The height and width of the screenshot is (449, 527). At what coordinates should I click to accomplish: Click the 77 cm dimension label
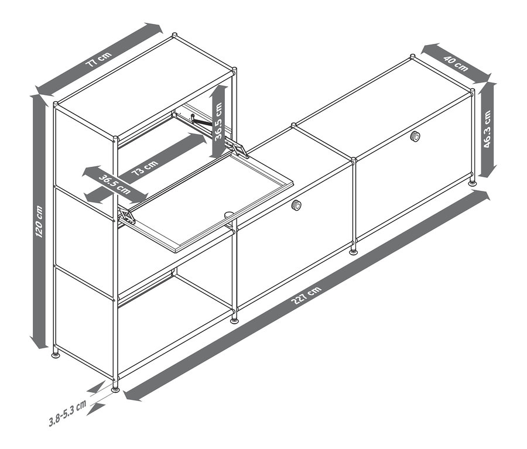pyautogui.click(x=98, y=59)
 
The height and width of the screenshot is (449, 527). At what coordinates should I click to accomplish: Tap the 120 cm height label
pyautogui.click(x=40, y=221)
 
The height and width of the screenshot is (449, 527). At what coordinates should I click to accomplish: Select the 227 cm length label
pyautogui.click(x=306, y=295)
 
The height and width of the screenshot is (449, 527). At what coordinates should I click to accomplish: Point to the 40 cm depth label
pyautogui.click(x=456, y=63)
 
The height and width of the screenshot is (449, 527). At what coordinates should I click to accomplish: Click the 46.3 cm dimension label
pyautogui.click(x=487, y=129)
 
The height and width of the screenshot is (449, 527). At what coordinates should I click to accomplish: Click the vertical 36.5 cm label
pyautogui.click(x=219, y=121)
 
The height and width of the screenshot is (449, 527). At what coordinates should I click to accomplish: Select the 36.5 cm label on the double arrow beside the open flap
pyautogui.click(x=114, y=184)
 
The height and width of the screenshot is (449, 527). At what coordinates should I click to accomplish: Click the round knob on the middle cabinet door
pyautogui.click(x=296, y=205)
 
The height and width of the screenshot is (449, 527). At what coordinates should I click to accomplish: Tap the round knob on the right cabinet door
pyautogui.click(x=415, y=136)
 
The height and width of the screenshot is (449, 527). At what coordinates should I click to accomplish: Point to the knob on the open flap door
pyautogui.click(x=230, y=214)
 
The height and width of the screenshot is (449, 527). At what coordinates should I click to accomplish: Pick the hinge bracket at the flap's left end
pyautogui.click(x=126, y=216)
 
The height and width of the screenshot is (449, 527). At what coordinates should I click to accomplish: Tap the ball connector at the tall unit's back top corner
pyautogui.click(x=174, y=35)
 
